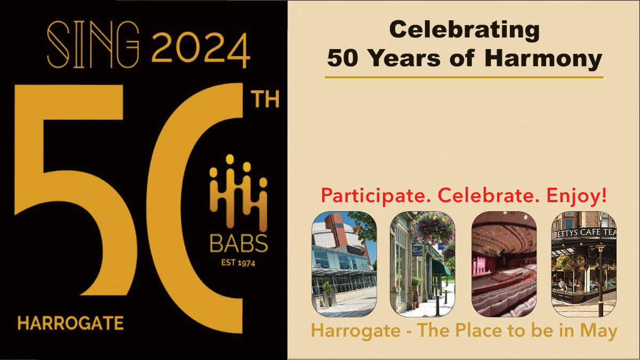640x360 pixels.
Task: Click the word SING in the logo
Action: tap(93, 45)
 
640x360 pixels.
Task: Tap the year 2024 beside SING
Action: tap(201, 49)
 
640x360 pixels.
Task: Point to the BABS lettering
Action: tap(239, 243)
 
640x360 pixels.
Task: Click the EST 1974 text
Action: tap(238, 262)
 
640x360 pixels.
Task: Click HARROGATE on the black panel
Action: tap(70, 323)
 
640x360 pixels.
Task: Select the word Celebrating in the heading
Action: tap(465, 30)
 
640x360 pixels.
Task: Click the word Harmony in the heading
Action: tap(543, 59)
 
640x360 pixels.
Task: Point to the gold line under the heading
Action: tap(463, 77)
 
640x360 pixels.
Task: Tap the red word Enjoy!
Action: tap(577, 196)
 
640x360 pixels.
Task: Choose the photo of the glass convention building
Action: tap(344, 264)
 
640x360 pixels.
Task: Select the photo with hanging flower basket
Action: tap(422, 264)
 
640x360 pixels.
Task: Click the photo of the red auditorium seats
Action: tap(504, 264)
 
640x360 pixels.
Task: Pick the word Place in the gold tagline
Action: tap(478, 331)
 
